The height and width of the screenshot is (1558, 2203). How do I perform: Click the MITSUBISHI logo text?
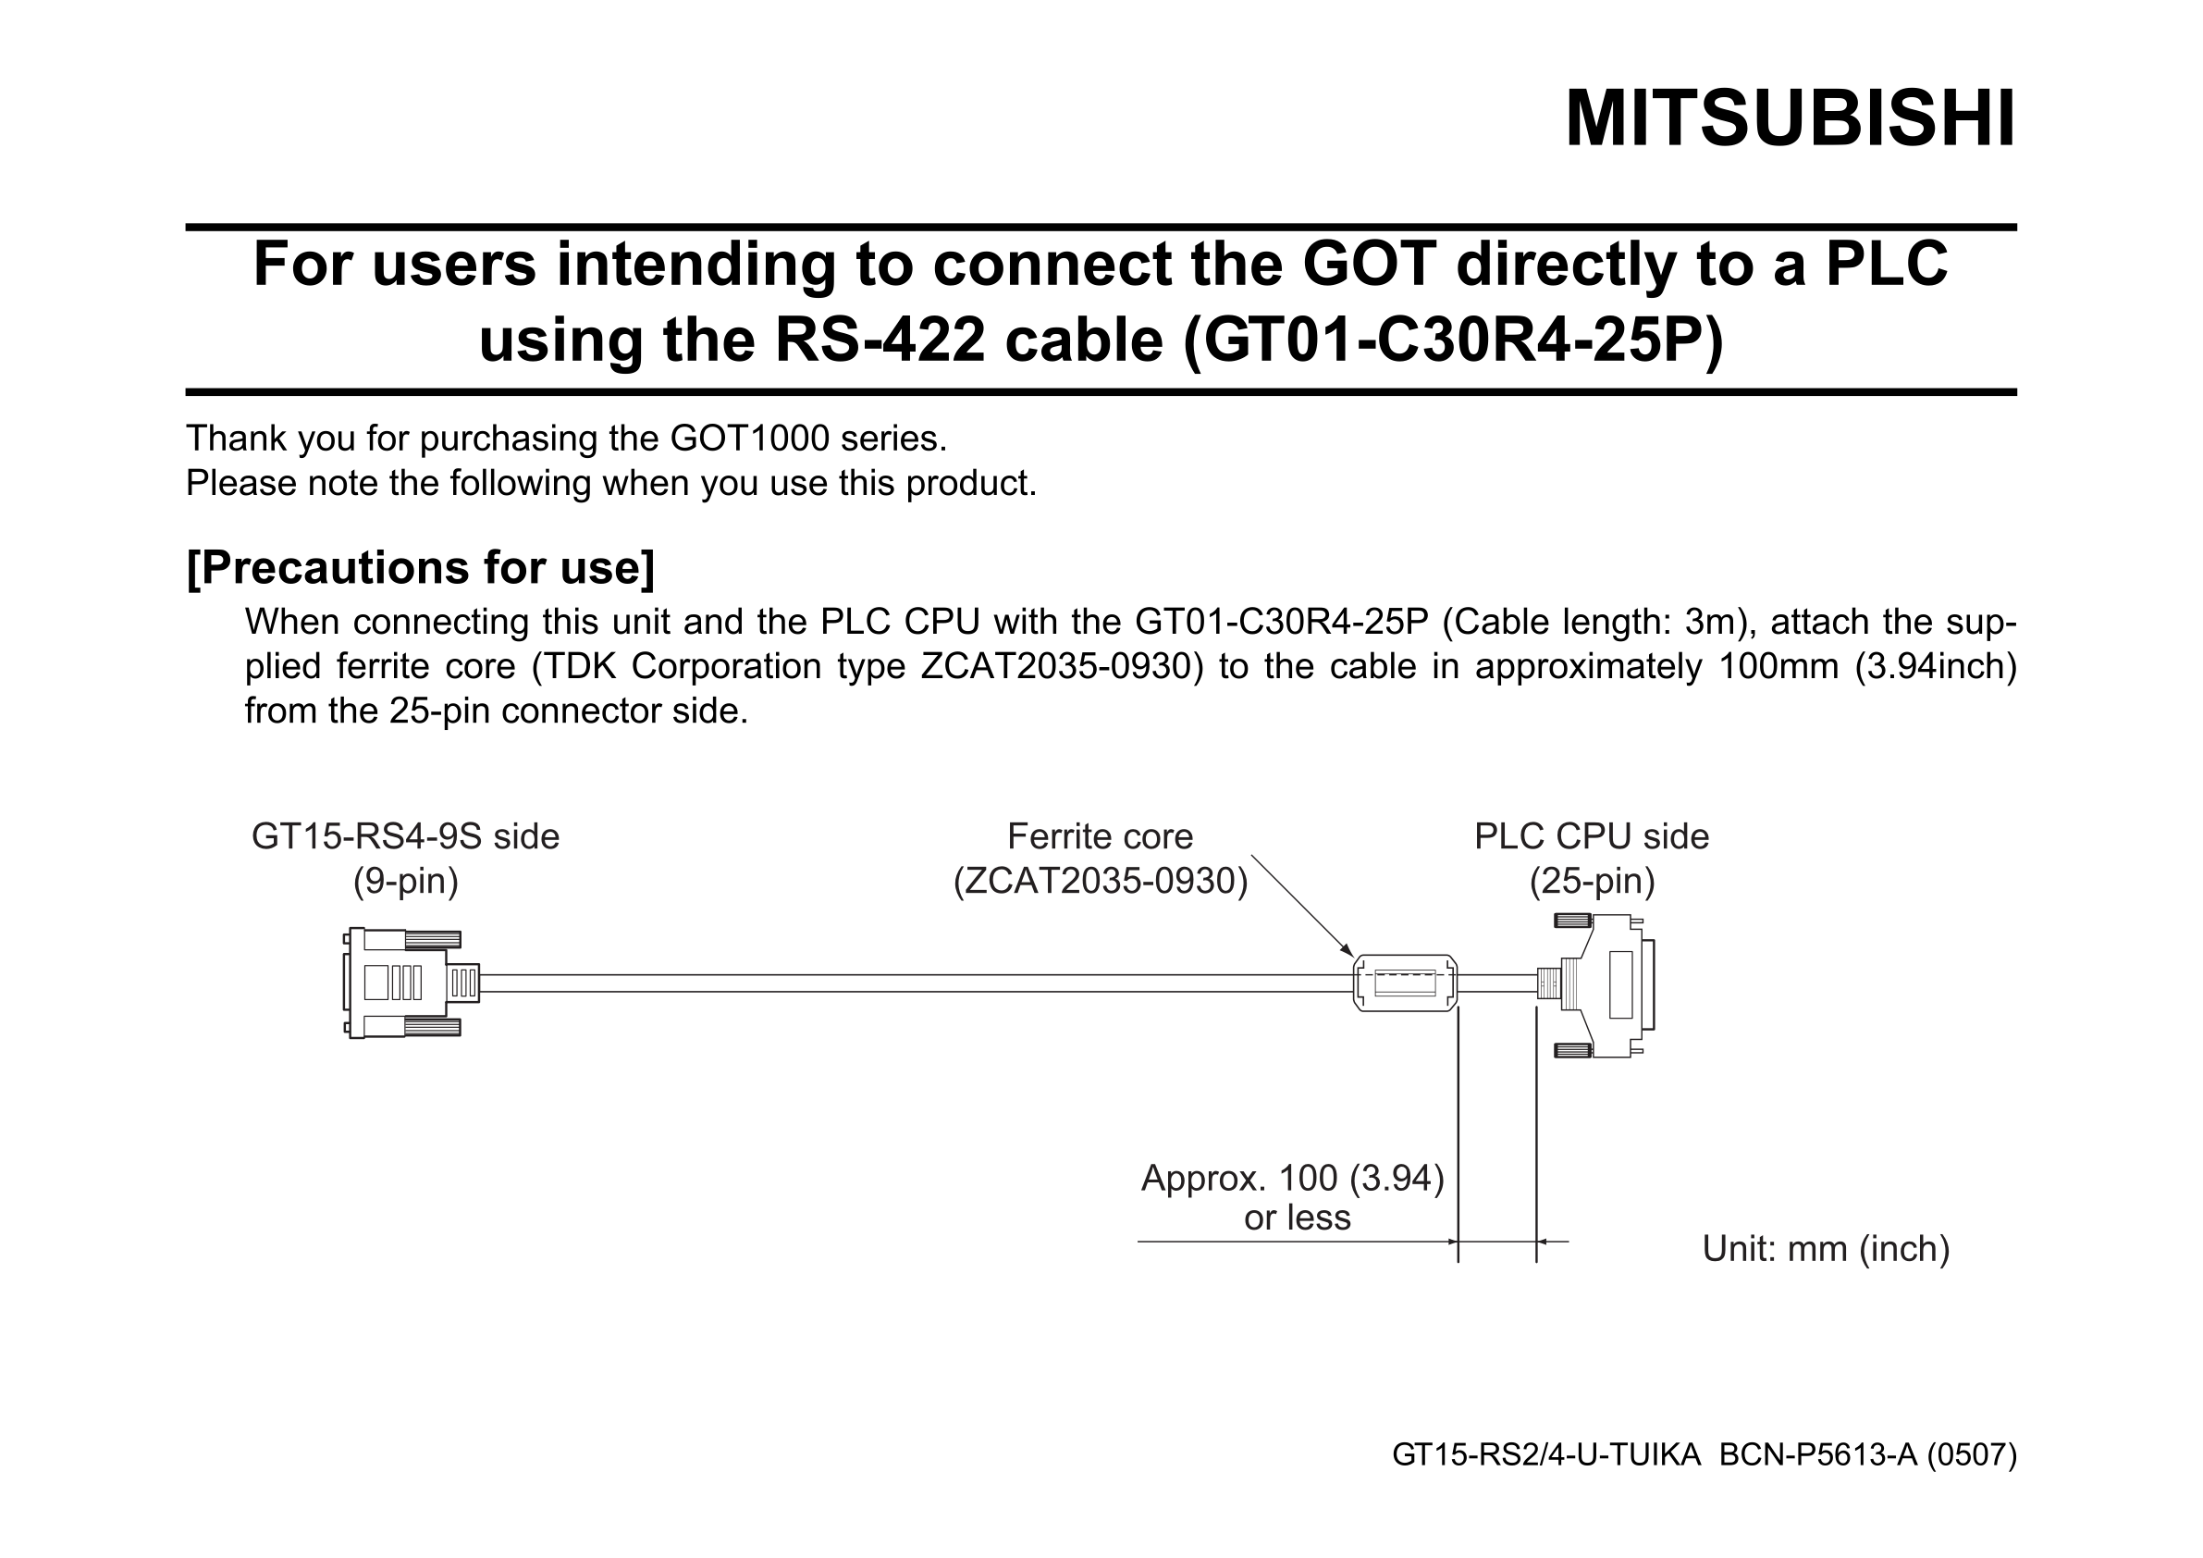(1791, 119)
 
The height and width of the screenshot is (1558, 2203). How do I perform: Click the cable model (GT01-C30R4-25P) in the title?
(1454, 340)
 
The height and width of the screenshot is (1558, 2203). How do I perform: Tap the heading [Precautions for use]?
(420, 567)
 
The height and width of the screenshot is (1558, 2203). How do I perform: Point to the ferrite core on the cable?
(1405, 983)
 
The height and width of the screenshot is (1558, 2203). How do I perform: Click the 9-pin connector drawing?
(411, 983)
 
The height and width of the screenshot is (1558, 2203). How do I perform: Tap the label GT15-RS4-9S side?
(405, 837)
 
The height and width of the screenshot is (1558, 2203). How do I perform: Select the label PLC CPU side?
(1592, 837)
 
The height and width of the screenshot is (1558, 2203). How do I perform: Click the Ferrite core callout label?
(1101, 837)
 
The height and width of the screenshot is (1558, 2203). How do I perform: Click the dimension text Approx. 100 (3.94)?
(1292, 1178)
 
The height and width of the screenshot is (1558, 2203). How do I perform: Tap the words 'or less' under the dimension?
(1298, 1218)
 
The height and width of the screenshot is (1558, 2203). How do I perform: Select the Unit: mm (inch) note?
(1826, 1249)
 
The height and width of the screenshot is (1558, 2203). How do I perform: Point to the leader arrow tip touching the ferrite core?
(1353, 957)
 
